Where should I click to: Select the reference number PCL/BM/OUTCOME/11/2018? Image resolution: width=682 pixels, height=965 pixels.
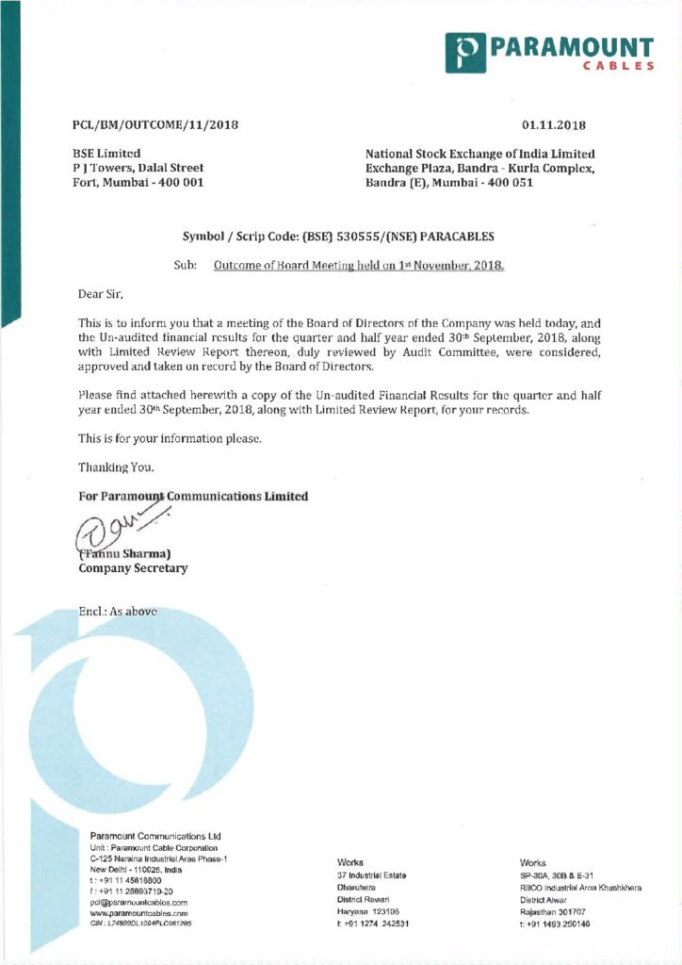click(155, 124)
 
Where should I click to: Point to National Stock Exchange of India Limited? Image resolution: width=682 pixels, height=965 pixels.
click(480, 153)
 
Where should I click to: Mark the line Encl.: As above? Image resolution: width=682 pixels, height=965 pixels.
click(117, 611)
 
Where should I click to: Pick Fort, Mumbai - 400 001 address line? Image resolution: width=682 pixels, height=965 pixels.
click(138, 182)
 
